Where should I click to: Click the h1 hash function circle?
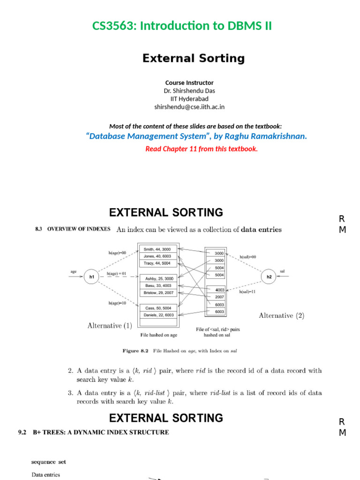click(x=92, y=277)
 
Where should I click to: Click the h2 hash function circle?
click(x=269, y=277)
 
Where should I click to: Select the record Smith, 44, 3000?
click(x=157, y=249)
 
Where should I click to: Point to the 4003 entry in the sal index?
click(x=219, y=290)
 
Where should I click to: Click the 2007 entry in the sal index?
click(x=219, y=297)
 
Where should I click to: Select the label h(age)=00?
click(x=117, y=253)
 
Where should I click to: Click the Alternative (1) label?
click(x=110, y=325)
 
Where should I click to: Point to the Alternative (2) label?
click(x=281, y=316)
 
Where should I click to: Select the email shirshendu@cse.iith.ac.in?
click(x=189, y=107)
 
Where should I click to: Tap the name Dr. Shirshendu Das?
click(x=189, y=90)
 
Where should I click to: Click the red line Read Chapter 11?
click(x=202, y=149)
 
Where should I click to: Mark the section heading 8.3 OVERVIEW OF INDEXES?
click(x=73, y=229)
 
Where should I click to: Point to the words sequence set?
click(x=49, y=462)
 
